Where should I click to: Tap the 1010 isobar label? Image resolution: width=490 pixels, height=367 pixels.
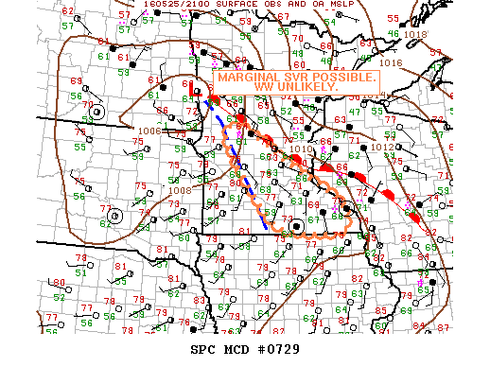point(301,149)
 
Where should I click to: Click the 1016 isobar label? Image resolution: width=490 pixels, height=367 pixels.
point(391,62)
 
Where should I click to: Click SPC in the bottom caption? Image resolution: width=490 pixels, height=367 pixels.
point(204,349)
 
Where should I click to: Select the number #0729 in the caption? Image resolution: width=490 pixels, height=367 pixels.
point(283,349)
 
